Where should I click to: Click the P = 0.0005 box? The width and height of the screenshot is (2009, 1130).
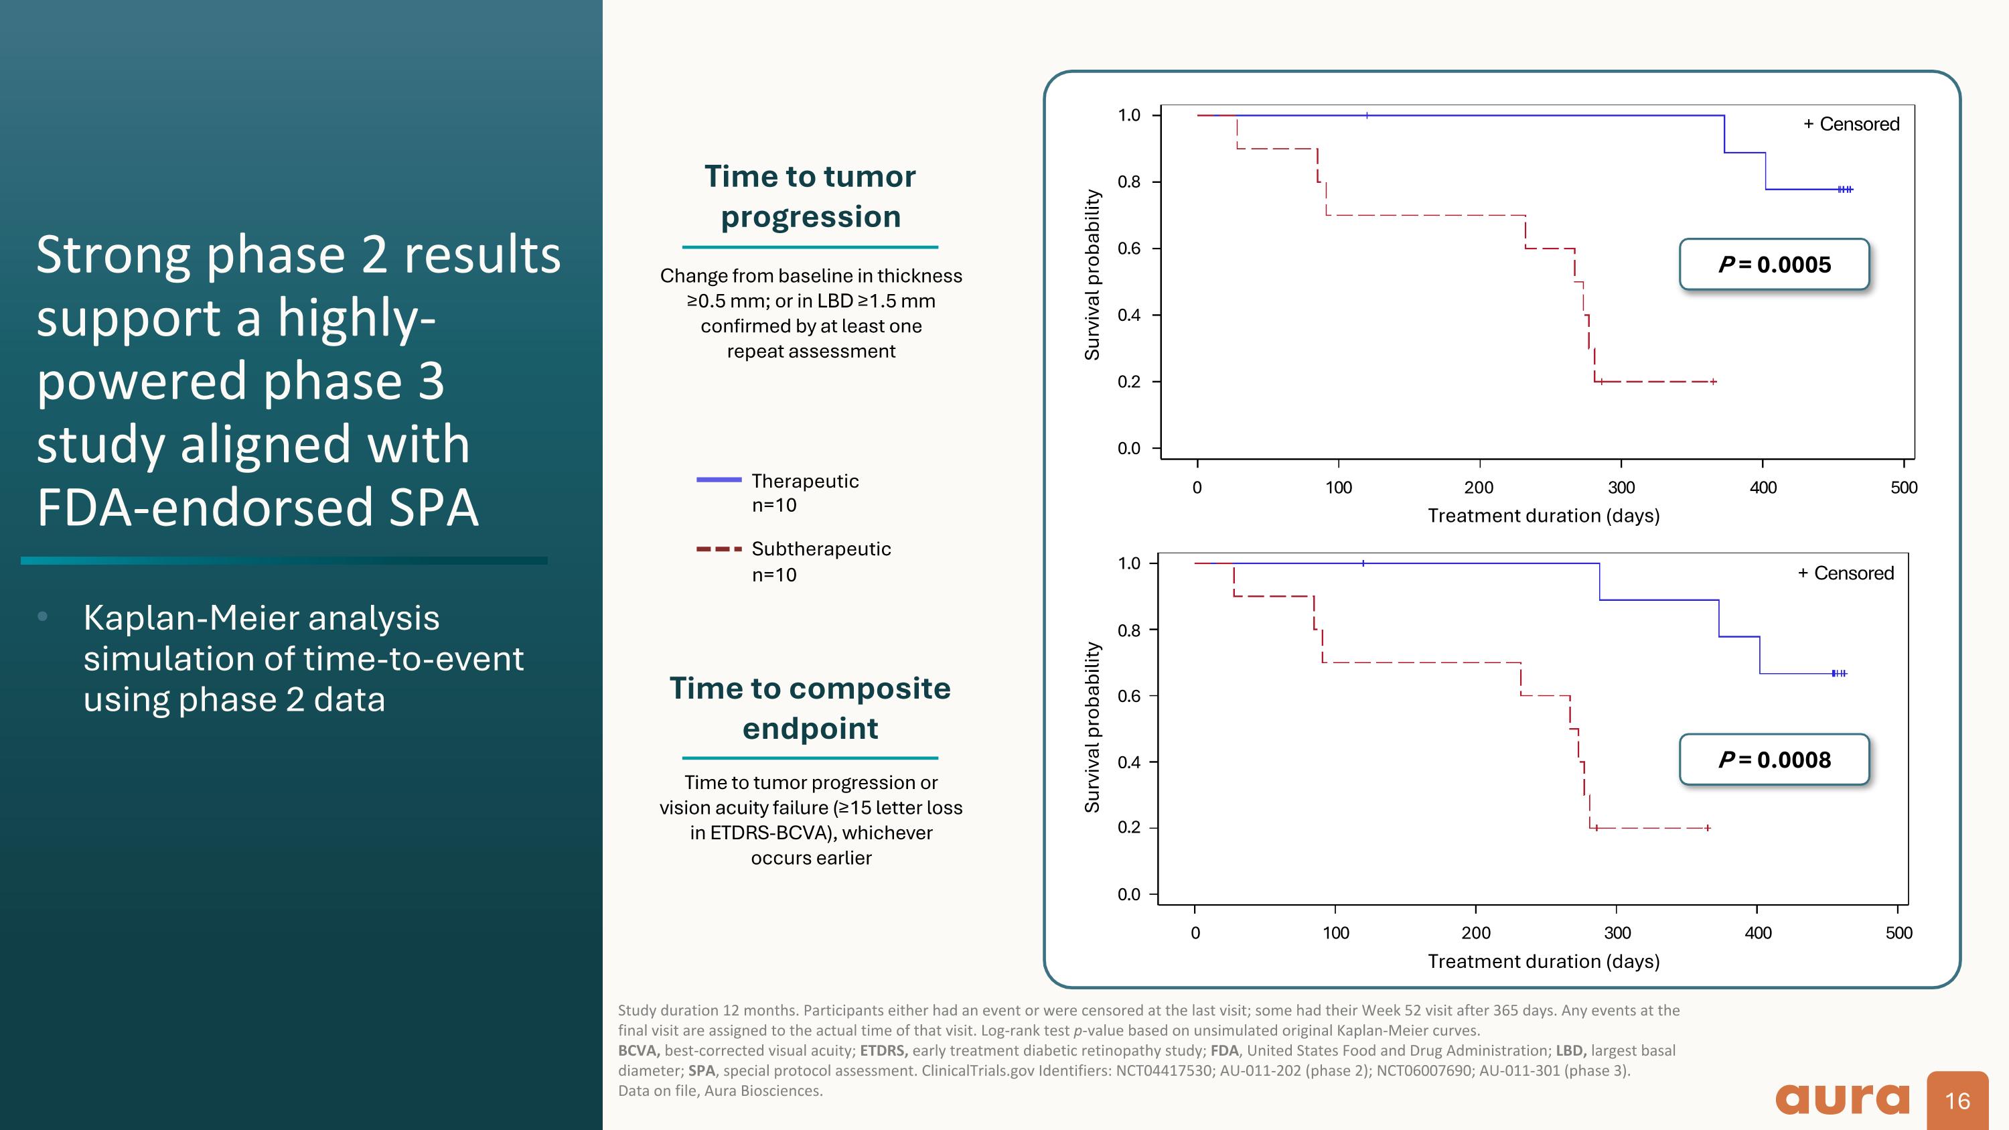pyautogui.click(x=1773, y=265)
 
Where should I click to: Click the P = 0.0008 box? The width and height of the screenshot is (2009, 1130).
pyautogui.click(x=1773, y=759)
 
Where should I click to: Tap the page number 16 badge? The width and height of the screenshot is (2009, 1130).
pyautogui.click(x=1957, y=1101)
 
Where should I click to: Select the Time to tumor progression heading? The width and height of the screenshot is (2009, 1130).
pyautogui.click(x=810, y=196)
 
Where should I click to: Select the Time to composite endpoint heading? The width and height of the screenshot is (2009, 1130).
pyautogui.click(x=810, y=708)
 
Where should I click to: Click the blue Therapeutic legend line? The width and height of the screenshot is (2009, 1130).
pyautogui.click(x=719, y=480)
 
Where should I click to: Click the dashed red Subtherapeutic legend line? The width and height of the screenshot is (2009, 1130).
pyautogui.click(x=719, y=549)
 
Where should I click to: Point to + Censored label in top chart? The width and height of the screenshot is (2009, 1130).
pyautogui.click(x=1851, y=124)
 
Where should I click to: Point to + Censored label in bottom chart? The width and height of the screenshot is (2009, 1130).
pyautogui.click(x=1845, y=573)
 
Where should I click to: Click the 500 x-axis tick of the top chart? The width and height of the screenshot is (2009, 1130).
pyautogui.click(x=1904, y=488)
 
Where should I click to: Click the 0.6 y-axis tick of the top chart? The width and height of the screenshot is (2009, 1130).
pyautogui.click(x=1128, y=249)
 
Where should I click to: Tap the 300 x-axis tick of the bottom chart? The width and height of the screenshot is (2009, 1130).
pyautogui.click(x=1617, y=932)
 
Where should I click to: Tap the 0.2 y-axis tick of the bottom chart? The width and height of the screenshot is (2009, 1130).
pyautogui.click(x=1128, y=827)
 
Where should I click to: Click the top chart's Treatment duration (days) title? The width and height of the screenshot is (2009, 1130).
pyautogui.click(x=1544, y=516)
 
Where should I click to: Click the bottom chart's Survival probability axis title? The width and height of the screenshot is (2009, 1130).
pyautogui.click(x=1093, y=727)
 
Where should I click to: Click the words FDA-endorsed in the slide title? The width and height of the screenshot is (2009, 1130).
pyautogui.click(x=200, y=507)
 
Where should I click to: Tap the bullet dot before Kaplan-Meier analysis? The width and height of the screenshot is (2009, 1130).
pyautogui.click(x=42, y=617)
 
